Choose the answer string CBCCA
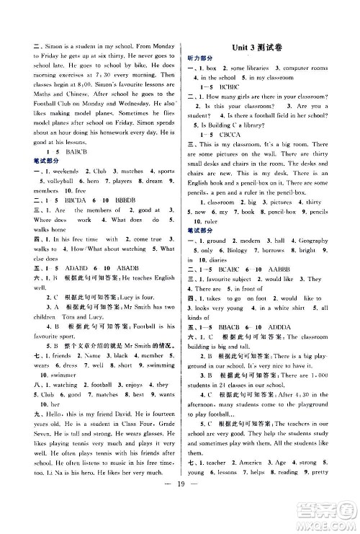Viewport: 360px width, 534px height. (235, 134)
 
